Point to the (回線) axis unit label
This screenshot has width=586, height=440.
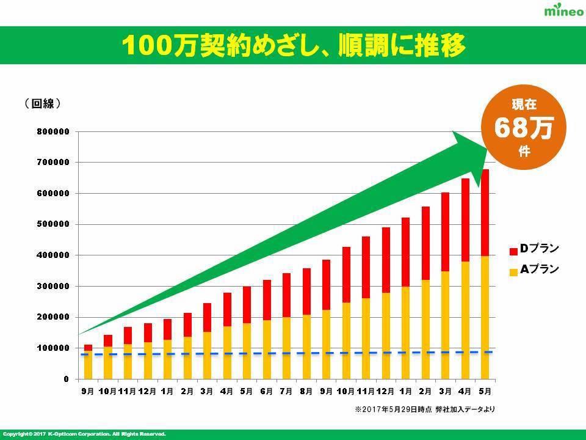pyautogui.click(x=42, y=104)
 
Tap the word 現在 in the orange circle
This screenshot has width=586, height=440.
pyautogui.click(x=523, y=105)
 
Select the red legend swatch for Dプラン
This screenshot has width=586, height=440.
pyautogui.click(x=513, y=251)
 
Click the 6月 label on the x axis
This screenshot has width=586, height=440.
pyautogui.click(x=267, y=391)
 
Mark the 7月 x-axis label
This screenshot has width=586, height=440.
pyautogui.click(x=286, y=391)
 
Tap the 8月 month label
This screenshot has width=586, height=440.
pyautogui.click(x=306, y=391)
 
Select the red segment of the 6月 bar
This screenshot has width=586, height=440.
pyautogui.click(x=267, y=299)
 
